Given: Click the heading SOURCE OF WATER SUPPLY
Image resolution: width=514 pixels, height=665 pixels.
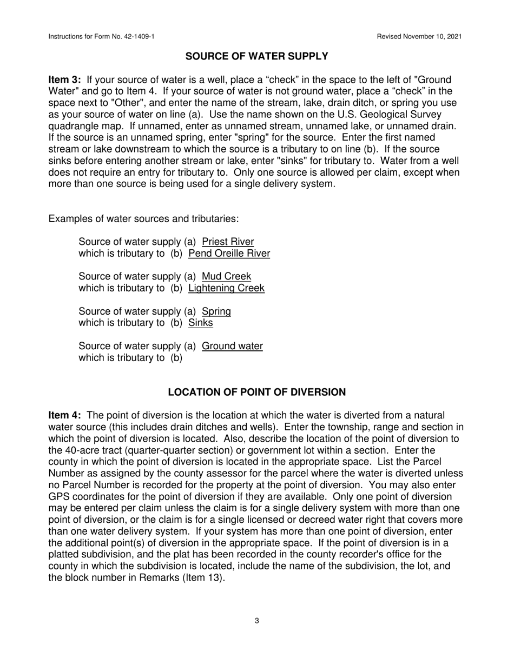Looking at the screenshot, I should point(256,56).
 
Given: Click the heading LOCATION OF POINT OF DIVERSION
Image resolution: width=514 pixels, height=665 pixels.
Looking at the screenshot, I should point(256,392).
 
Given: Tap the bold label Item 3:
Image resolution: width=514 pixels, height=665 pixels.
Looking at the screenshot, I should point(65,80).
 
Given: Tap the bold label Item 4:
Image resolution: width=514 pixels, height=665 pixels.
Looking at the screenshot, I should point(65,415).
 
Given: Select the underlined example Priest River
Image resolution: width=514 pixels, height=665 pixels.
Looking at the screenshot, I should point(227,242).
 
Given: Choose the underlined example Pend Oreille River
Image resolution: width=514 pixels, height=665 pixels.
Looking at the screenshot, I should point(229,253).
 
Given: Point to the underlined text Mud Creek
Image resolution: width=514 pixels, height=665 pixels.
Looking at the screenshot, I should point(226,276).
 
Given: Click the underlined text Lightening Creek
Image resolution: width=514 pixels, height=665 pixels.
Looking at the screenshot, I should point(226,288).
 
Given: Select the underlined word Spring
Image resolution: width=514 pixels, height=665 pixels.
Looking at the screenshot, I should point(216,311).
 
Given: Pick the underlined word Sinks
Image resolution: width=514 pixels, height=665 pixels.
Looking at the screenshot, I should point(200,323).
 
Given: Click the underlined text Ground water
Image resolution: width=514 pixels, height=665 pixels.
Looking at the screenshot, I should point(232,346).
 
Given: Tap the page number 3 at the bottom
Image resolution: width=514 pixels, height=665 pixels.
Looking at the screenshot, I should point(256,621).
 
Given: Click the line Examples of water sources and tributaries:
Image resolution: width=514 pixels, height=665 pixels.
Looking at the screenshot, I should point(143,219).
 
